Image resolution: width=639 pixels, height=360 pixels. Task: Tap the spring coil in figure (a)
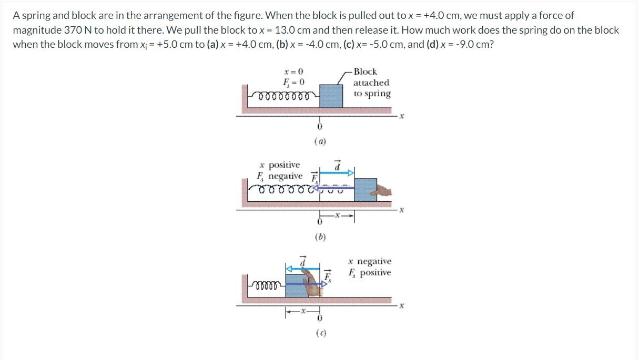(285, 96)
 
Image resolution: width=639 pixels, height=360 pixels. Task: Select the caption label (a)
(320, 141)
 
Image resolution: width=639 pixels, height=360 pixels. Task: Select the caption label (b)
(320, 236)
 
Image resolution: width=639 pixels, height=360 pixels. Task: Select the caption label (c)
(320, 332)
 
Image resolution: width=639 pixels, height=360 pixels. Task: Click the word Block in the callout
(365, 71)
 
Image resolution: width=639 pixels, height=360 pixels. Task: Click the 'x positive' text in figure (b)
(279, 165)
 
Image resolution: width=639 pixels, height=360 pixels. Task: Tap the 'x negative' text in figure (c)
(370, 261)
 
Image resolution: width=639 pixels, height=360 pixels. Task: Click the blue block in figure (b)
(365, 189)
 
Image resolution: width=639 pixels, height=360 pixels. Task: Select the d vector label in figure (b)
(338, 165)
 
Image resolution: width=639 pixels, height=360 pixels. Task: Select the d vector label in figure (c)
(303, 260)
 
